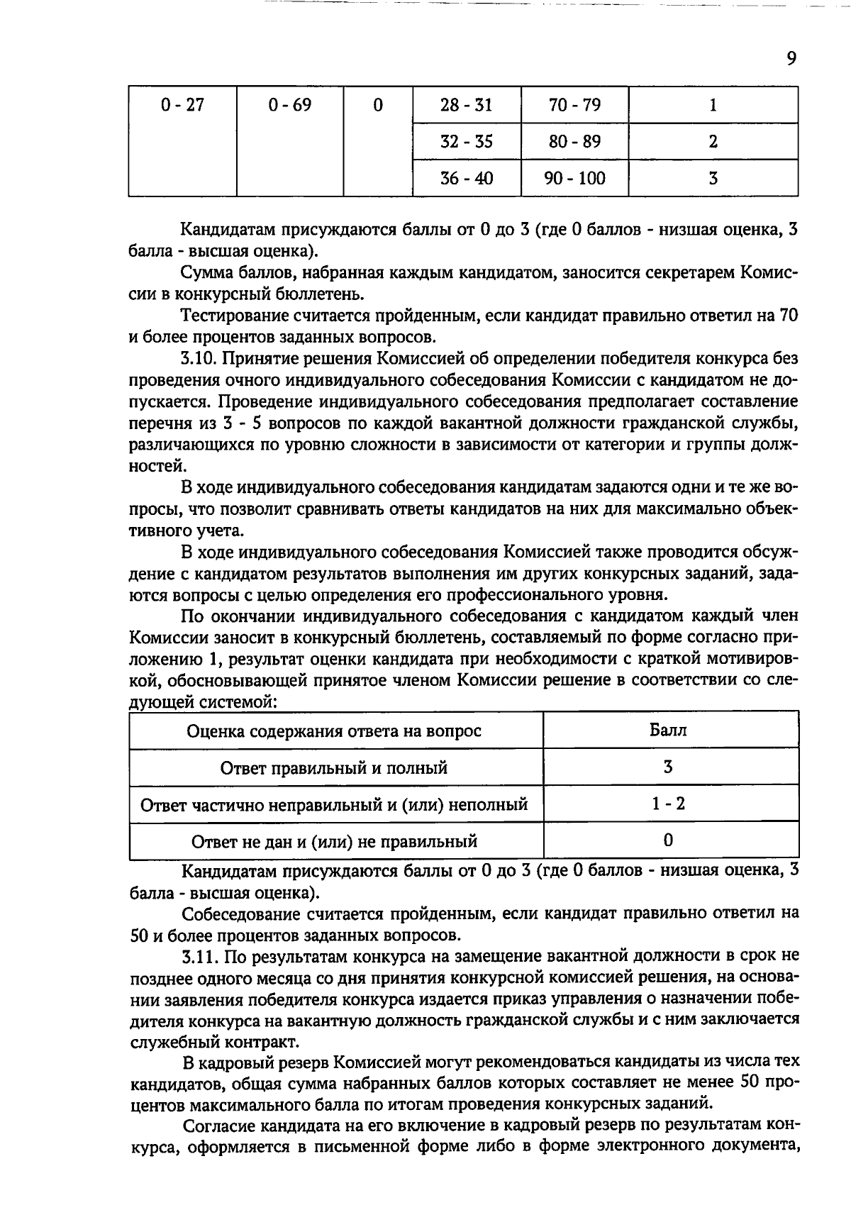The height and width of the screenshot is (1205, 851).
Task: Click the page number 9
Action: pyautogui.click(x=791, y=58)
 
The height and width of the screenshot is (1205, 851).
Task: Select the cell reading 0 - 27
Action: pyautogui.click(x=182, y=105)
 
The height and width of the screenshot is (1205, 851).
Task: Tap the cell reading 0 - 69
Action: pyautogui.click(x=290, y=105)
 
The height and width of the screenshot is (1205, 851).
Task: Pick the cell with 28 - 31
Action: pyautogui.click(x=466, y=105)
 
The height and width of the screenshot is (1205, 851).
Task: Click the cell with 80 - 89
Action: pyautogui.click(x=574, y=141)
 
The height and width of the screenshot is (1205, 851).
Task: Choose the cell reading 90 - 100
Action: pyautogui.click(x=574, y=178)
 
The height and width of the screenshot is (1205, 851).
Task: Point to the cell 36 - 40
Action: pyautogui.click(x=466, y=178)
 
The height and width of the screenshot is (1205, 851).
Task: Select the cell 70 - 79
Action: pyautogui.click(x=574, y=105)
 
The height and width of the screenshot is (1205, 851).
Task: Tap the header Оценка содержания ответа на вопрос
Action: pyautogui.click(x=334, y=731)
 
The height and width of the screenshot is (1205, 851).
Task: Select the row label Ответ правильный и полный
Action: pyautogui.click(x=334, y=768)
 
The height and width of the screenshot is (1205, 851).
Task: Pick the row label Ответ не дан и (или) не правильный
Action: pyautogui.click(x=334, y=842)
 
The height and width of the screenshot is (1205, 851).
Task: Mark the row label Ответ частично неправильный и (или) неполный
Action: pyautogui.click(x=334, y=805)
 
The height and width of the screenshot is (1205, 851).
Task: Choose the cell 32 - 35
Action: pyautogui.click(x=466, y=141)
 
